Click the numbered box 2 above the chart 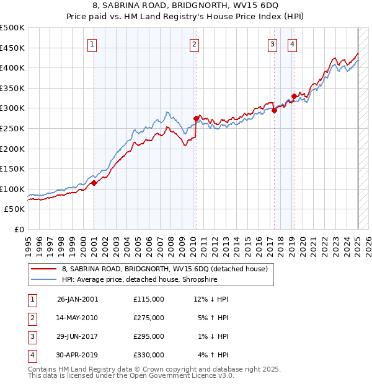click(x=194, y=44)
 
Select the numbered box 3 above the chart click(x=272, y=44)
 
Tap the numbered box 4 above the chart click(x=292, y=44)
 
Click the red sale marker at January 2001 click(x=94, y=183)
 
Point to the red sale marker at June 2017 click(x=274, y=111)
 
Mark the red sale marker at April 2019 click(x=294, y=96)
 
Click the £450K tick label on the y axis click(x=12, y=48)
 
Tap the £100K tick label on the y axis click(x=12, y=189)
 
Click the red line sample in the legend click(x=44, y=269)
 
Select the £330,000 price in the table click(x=148, y=355)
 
